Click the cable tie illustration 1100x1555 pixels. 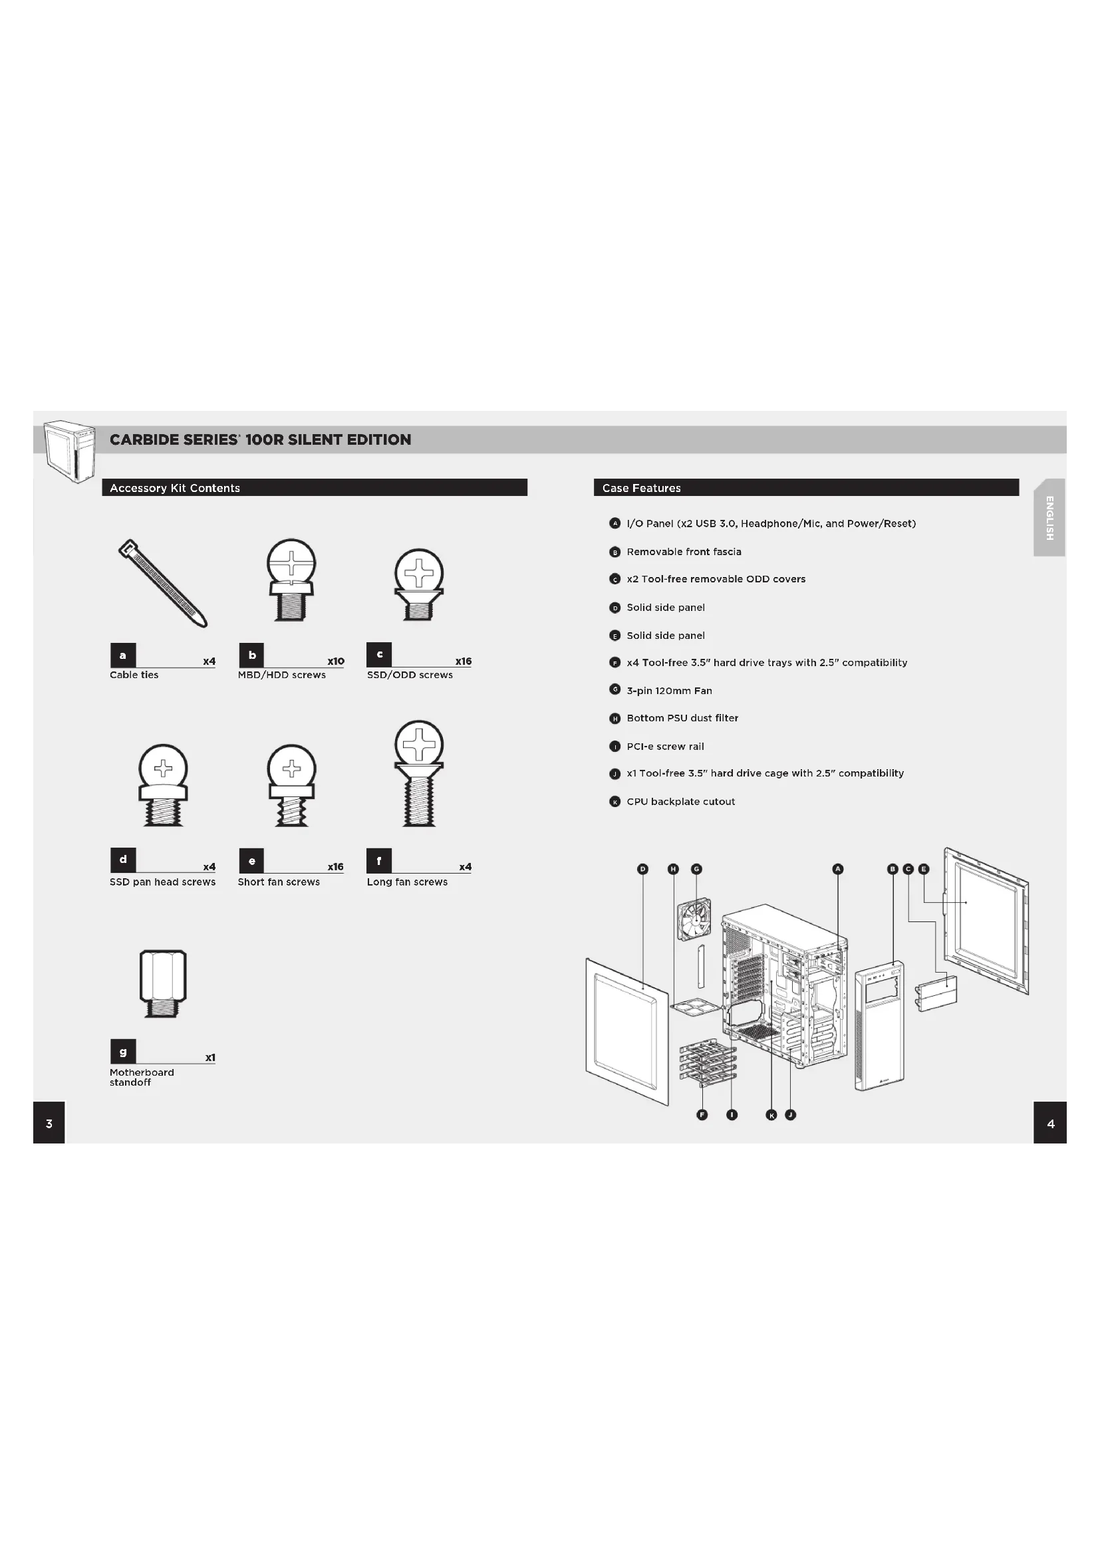162,583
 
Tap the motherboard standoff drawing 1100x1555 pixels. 162,983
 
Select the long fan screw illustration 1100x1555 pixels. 419,773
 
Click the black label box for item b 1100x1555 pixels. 252,655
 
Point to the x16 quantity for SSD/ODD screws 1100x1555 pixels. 464,661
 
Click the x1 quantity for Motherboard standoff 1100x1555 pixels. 210,1057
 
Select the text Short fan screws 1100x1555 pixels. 279,882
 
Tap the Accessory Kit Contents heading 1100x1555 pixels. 175,487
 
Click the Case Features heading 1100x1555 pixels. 641,487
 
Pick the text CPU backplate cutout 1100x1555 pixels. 681,801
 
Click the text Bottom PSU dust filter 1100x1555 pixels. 682,718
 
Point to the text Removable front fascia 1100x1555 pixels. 684,551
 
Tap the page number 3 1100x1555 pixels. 49,1124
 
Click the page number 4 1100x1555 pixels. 1051,1124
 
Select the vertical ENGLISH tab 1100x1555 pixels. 1049,518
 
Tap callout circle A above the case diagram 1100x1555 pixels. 838,869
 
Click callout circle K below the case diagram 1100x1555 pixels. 771,1115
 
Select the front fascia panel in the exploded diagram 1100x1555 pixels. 880,1025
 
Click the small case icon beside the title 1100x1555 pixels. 69,450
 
